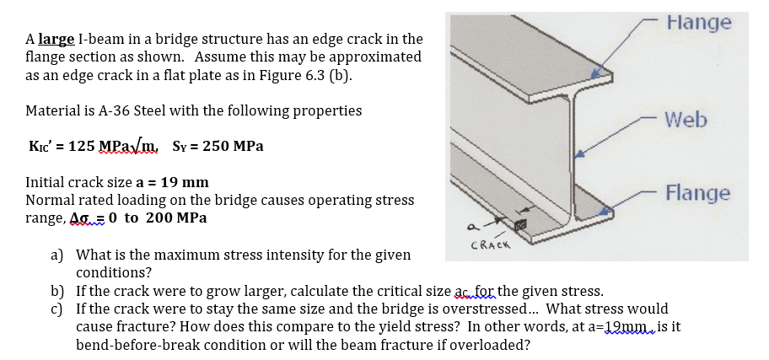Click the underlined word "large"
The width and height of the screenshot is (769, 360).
click(x=55, y=40)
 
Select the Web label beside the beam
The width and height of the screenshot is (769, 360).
click(x=686, y=121)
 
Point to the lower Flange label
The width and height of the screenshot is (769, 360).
click(x=697, y=193)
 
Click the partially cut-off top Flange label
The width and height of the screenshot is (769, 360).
click(x=697, y=22)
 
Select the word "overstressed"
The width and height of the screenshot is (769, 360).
click(x=484, y=309)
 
